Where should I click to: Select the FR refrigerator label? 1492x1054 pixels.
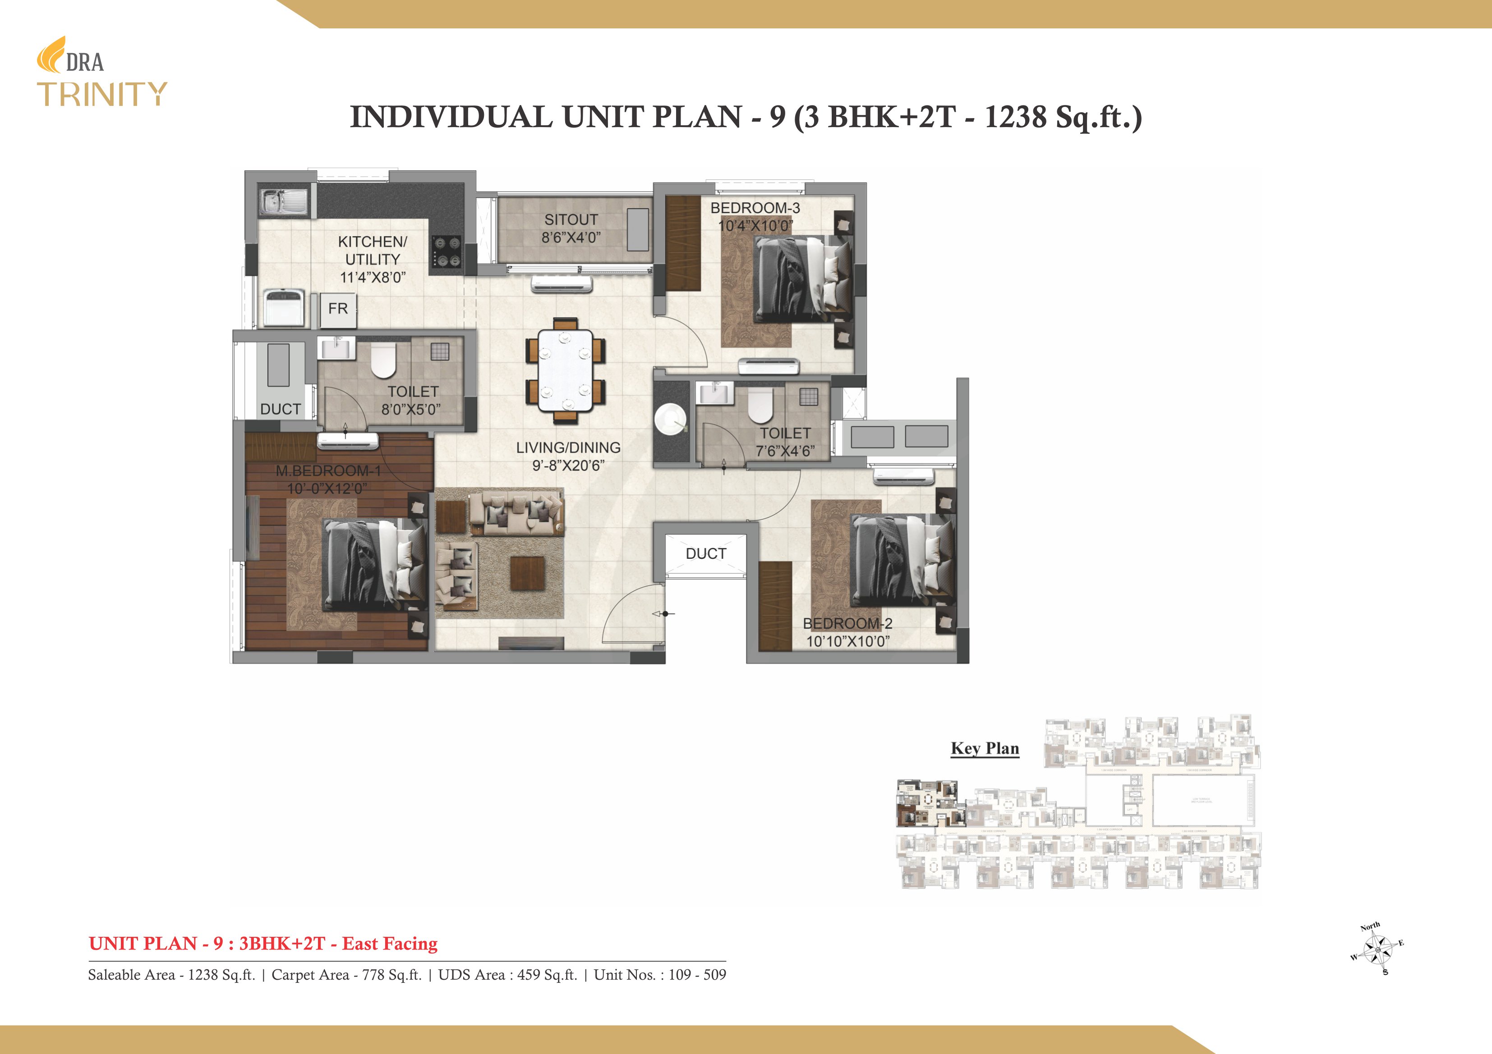click(338, 309)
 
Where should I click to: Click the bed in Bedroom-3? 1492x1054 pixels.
click(802, 279)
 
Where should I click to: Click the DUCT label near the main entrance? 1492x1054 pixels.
click(706, 554)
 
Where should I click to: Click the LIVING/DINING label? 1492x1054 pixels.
click(568, 447)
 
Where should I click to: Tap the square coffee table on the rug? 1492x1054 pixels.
click(527, 573)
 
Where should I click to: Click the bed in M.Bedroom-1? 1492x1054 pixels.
click(373, 564)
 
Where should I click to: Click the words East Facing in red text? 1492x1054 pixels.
click(390, 944)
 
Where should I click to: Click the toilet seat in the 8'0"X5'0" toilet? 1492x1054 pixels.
click(383, 360)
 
